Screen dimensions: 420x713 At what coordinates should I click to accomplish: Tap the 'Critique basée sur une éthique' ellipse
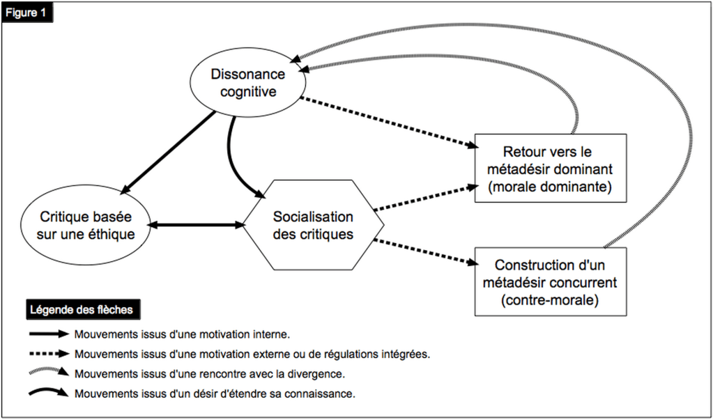[86, 224]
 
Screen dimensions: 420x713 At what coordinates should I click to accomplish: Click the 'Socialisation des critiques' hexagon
[313, 225]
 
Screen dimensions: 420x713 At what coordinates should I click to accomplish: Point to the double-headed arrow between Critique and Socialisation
[198, 225]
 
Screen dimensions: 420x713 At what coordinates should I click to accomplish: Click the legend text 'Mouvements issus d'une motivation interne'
[182, 334]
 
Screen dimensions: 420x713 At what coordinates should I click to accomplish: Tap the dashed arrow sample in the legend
[48, 354]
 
